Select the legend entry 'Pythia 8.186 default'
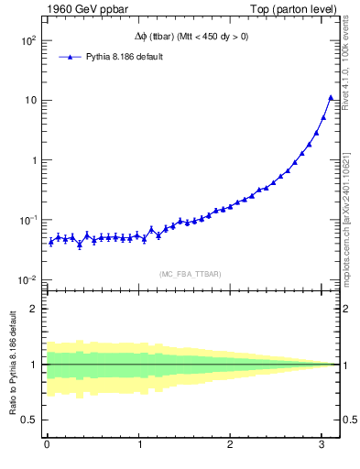coord(118,57)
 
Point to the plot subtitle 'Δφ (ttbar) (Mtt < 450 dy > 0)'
coord(187,37)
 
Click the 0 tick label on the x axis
coord(47,448)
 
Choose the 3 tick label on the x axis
coord(322,448)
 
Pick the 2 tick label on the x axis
coord(231,448)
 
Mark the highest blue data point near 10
coord(331,97)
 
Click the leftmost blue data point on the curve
coord(50,242)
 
